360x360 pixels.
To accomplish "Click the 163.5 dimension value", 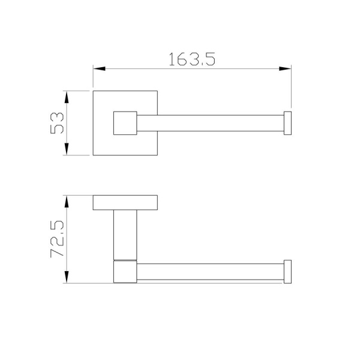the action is click(x=192, y=59).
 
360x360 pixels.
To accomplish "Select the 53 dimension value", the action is click(x=57, y=123).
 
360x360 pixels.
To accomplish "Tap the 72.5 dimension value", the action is click(x=57, y=239).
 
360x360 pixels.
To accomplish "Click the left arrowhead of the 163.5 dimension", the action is click(x=99, y=68).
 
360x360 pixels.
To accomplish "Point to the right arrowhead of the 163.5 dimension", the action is click(x=285, y=68).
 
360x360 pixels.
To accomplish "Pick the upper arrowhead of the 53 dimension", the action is click(x=67, y=97).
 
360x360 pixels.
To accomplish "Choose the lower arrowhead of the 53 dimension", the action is click(x=67, y=149).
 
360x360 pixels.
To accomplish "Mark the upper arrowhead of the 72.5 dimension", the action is click(x=67, y=202).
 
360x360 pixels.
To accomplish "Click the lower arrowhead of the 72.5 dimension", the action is click(x=67, y=277).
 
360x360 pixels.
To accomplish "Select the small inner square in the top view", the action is click(x=125, y=123).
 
